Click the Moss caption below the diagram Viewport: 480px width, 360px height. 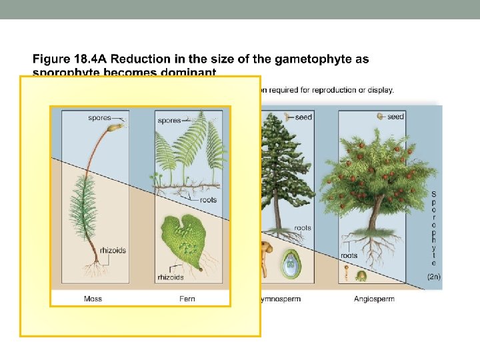[93, 299]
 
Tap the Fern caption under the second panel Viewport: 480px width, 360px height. [187, 299]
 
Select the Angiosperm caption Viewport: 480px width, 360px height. [374, 299]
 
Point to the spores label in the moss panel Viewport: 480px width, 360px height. [99, 118]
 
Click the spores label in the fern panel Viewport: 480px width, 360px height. [169, 121]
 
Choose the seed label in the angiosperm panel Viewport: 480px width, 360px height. [395, 117]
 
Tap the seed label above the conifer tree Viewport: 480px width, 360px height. [303, 117]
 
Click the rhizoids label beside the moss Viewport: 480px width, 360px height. [112, 251]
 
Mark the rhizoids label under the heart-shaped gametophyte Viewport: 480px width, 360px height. [170, 277]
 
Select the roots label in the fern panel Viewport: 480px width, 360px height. [208, 199]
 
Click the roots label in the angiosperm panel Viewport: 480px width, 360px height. [349, 255]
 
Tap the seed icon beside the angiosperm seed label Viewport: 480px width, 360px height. [381, 116]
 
